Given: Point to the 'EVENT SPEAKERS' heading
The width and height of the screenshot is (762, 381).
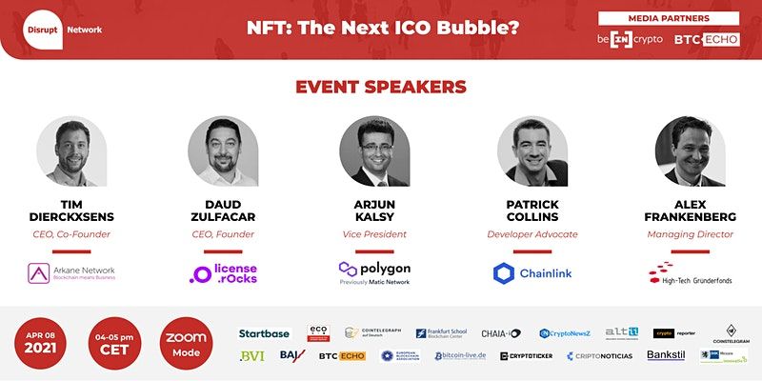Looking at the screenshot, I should pyautogui.click(x=381, y=87).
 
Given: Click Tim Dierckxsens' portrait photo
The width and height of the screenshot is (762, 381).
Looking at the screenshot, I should pyautogui.click(x=72, y=150).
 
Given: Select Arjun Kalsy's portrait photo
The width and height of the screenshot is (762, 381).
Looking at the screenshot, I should pyautogui.click(x=374, y=150).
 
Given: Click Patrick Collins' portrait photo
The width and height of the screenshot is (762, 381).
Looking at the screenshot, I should pyautogui.click(x=531, y=150).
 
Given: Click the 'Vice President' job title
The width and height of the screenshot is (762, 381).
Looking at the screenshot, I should pyautogui.click(x=374, y=233).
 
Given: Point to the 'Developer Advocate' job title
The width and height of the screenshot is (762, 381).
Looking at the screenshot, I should pyautogui.click(x=531, y=233).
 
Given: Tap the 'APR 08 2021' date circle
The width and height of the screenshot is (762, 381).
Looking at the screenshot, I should pyautogui.click(x=45, y=343).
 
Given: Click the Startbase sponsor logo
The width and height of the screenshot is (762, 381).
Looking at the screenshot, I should pyautogui.click(x=265, y=333).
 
